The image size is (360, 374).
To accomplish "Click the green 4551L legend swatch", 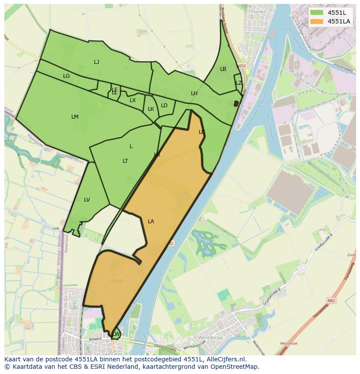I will coord(317,12).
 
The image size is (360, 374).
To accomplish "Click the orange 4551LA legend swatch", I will coord(317,21).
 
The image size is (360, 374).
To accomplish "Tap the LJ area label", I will coord(97,62).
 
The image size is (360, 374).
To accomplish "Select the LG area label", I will coord(66,76).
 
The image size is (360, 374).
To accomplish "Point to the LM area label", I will coord(75,117).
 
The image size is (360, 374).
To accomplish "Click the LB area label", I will coord(223,69).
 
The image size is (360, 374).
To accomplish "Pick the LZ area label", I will coord(239,83).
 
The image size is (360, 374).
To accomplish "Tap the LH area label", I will coord(194,93).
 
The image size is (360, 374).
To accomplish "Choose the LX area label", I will coord(133,100).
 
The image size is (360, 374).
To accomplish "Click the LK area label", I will coord(151,109).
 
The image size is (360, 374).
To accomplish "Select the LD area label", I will coord(164,106).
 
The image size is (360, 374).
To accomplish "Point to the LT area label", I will coord(125,161).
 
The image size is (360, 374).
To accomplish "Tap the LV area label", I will coord(87,200).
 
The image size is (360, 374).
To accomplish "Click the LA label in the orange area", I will coord(151,222).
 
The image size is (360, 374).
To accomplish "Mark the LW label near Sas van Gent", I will coord(116,334).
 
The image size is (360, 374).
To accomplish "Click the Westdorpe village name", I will coord(210,338).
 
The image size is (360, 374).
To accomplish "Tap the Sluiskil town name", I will coord(258,11).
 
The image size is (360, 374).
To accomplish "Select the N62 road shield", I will coord(331,300).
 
